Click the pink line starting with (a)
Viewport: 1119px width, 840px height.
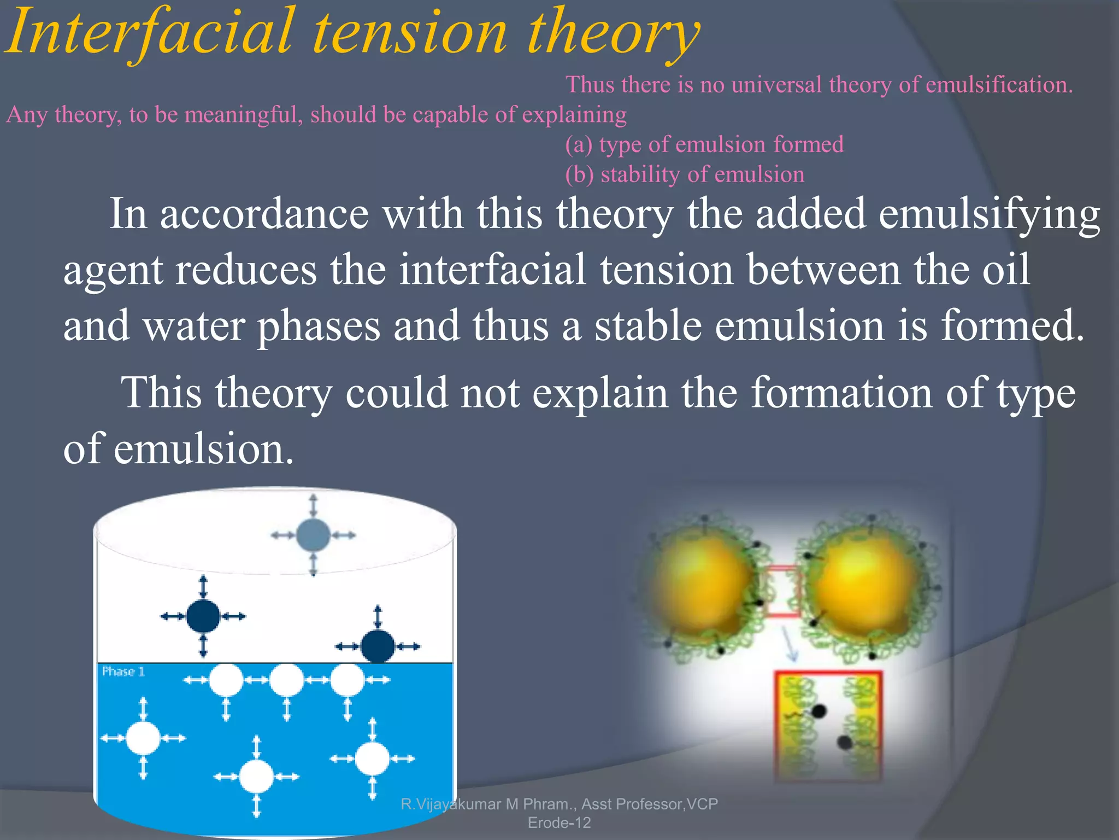point(704,144)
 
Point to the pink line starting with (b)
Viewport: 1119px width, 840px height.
point(684,174)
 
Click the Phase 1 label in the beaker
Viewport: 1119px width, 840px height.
point(123,672)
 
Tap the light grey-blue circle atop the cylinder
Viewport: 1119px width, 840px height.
point(313,535)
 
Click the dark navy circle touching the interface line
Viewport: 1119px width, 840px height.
point(378,646)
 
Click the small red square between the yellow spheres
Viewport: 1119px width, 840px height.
point(783,592)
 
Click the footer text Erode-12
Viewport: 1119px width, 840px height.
point(559,822)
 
